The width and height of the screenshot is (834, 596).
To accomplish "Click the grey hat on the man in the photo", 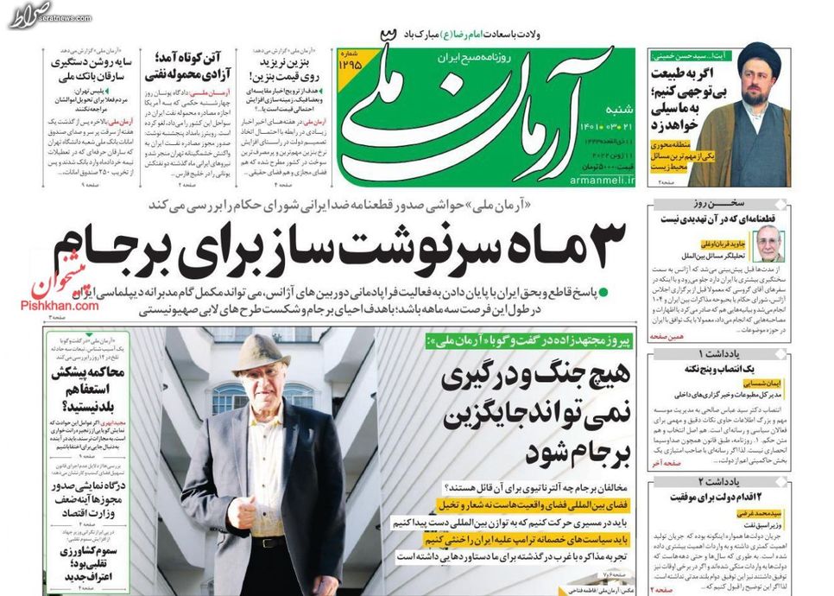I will click(261, 352).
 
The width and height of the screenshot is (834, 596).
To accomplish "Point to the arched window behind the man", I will click(228, 396).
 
